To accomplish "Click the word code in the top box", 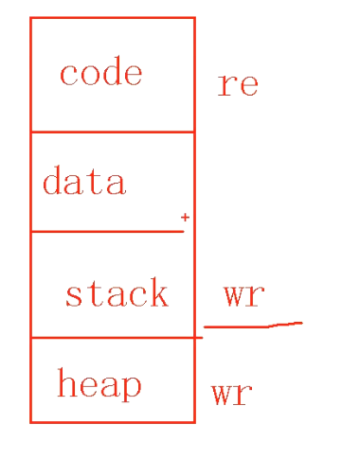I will click(x=100, y=74).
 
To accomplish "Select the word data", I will click(x=83, y=181).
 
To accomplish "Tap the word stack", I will click(x=116, y=293).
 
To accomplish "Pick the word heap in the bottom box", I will click(x=99, y=384).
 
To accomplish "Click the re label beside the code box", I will click(x=238, y=84).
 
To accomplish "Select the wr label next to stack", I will click(x=243, y=293).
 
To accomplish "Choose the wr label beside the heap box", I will click(x=231, y=393).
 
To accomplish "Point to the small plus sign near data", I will click(x=185, y=218).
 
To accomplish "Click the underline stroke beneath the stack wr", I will click(x=252, y=326).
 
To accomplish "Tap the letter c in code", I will click(x=68, y=75).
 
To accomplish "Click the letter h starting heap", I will click(x=65, y=383).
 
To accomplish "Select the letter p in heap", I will click(x=133, y=387).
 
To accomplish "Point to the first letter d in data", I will click(x=52, y=181).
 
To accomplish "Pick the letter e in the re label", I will click(x=248, y=85).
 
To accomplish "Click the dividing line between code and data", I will click(x=112, y=132).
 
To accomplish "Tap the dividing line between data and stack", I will click(x=106, y=231).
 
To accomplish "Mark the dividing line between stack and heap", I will click(x=112, y=337).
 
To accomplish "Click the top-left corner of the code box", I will click(x=30, y=17).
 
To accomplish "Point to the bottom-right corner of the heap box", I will click(x=194, y=422).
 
